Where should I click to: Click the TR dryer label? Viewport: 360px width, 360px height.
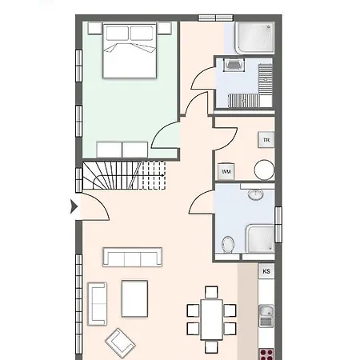(266, 140)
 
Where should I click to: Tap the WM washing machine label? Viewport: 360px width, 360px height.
(226, 171)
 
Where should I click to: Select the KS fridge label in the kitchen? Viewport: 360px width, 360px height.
(266, 271)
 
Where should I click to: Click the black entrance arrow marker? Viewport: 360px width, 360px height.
(74, 206)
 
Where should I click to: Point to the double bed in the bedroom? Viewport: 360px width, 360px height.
(130, 50)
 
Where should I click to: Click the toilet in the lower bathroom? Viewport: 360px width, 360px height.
(228, 244)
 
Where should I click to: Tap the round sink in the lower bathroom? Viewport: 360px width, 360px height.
(256, 194)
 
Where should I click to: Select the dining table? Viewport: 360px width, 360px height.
(211, 319)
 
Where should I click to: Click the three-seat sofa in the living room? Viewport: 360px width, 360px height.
(133, 257)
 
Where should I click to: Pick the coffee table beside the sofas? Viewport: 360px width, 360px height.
(134, 298)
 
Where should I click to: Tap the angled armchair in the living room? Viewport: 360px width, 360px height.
(120, 343)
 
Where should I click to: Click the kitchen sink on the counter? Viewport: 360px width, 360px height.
(266, 316)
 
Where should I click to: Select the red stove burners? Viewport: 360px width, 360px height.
(266, 354)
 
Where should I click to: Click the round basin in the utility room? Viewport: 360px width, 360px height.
(264, 170)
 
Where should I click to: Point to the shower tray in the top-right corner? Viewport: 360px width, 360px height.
(254, 38)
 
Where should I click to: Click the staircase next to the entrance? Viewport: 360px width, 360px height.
(124, 175)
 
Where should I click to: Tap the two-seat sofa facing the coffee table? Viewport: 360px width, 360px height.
(98, 304)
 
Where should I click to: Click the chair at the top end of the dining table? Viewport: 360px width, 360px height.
(211, 293)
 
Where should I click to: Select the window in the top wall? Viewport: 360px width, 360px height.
(216, 18)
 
